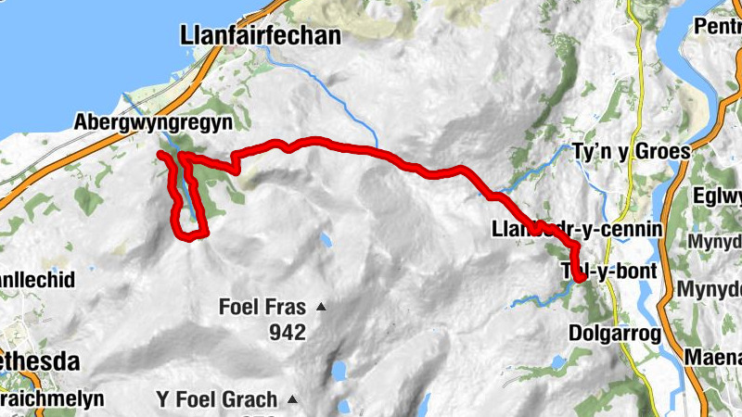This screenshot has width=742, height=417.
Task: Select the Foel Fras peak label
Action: click(262, 307)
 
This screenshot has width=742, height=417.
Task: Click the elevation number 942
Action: click(288, 332)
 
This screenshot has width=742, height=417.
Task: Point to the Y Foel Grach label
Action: click(216, 400)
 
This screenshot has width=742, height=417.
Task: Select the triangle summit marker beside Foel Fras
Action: click(321, 307)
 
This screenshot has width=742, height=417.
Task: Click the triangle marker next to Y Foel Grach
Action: click(292, 400)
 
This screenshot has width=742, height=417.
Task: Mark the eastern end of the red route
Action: click(579, 276)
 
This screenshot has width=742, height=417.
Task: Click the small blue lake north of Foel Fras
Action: click(326, 240)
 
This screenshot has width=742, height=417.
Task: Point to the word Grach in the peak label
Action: click(249, 400)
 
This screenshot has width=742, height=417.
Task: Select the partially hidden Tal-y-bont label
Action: click(609, 272)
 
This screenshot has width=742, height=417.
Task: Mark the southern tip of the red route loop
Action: click(194, 236)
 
